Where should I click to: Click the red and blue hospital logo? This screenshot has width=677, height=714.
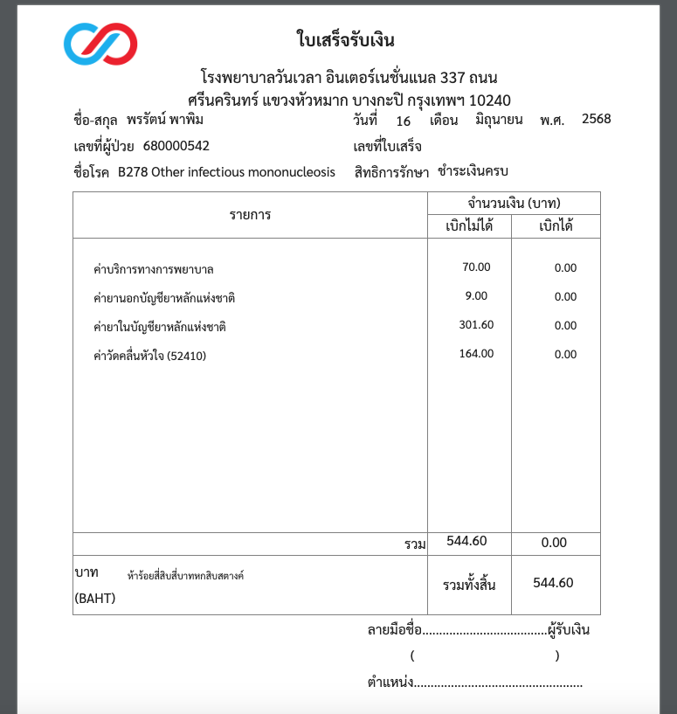100,44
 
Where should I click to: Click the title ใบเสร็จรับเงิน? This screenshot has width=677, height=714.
346,40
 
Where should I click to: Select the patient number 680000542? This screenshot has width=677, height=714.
176,146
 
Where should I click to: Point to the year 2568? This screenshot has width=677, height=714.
597,119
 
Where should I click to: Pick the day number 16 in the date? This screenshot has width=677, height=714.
403,121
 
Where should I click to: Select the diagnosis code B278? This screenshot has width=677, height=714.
133,172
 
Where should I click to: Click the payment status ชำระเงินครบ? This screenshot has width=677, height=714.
473,171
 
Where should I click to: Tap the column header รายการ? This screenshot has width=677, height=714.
250,215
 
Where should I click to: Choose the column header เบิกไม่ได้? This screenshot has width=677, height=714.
469,226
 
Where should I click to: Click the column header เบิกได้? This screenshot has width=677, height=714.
556,226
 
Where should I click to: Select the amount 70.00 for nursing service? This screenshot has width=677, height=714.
477,267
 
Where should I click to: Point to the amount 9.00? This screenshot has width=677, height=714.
477,296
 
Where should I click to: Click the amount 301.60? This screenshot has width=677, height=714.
476,325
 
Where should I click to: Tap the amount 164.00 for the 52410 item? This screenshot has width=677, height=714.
476,354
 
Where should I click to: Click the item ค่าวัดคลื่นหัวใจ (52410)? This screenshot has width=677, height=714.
149,356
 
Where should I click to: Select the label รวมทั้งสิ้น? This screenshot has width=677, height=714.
469,585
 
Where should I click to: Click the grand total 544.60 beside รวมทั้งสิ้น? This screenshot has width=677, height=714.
553,583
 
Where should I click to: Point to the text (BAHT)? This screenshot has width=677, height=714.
95,599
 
